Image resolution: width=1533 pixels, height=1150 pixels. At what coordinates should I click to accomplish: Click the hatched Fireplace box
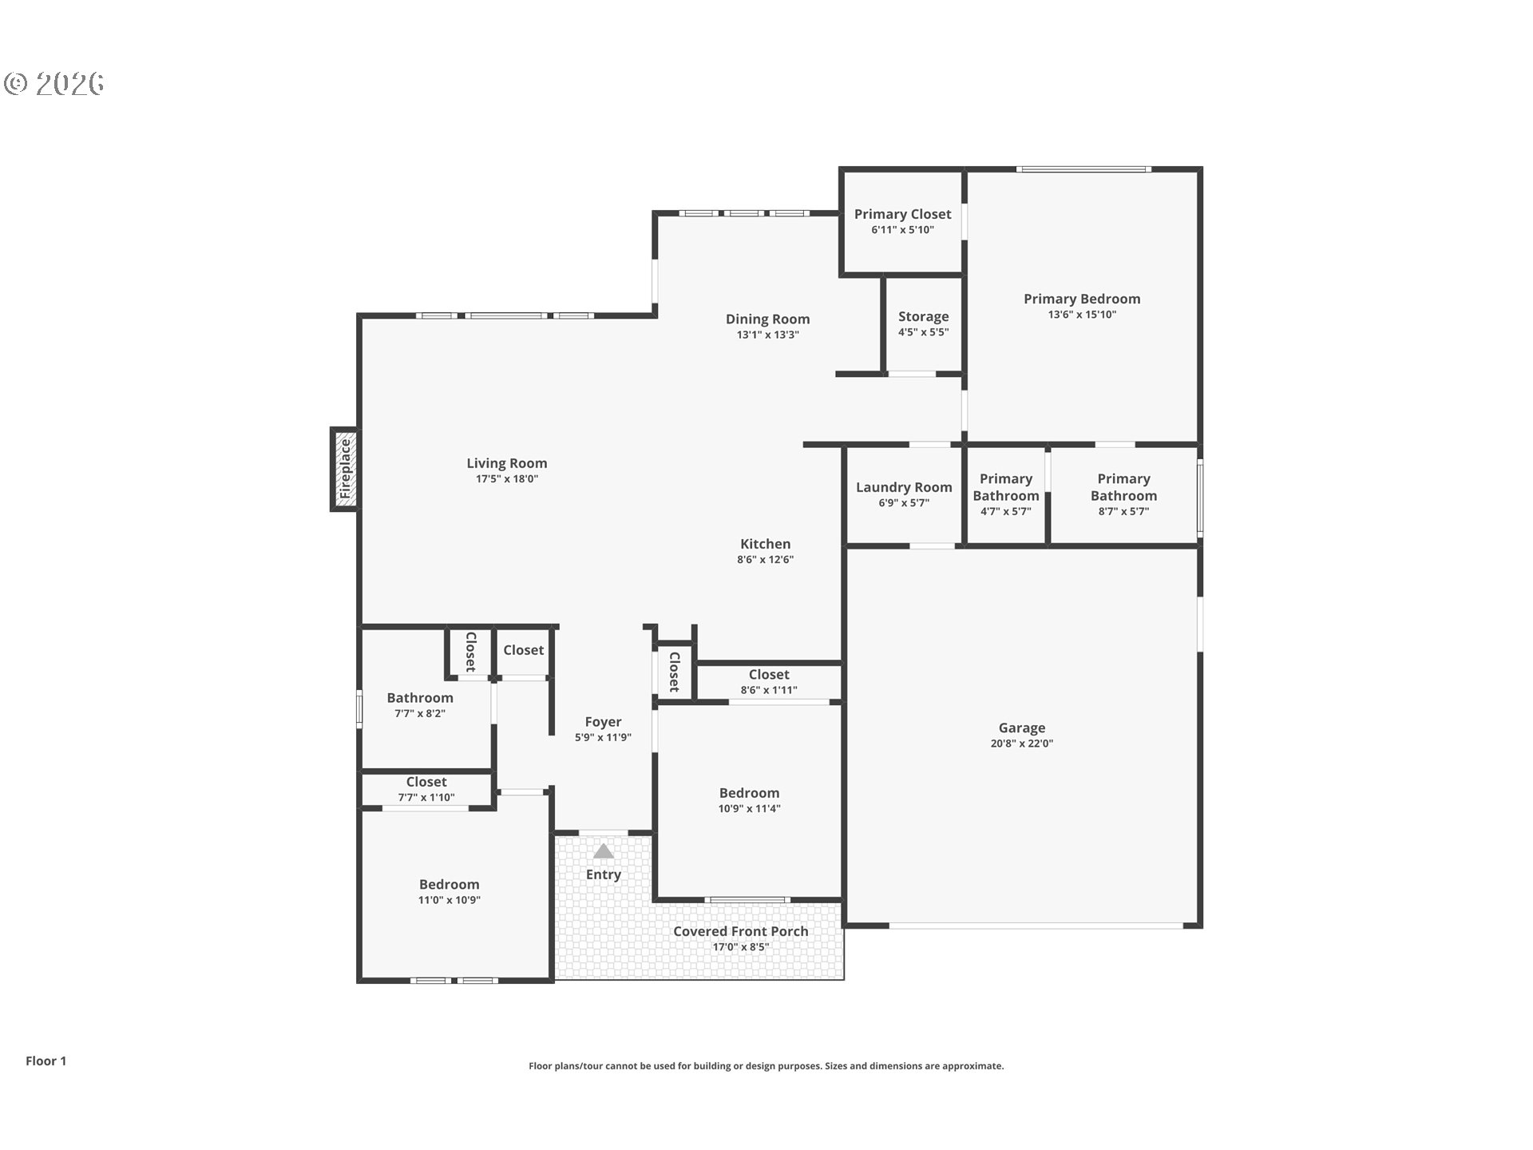[344, 469]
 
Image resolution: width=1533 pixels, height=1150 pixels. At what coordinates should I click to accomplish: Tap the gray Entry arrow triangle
[604, 851]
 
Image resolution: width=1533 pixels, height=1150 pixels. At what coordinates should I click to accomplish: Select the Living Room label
[507, 463]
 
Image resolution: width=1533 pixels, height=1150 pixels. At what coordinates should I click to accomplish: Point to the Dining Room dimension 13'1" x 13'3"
[768, 335]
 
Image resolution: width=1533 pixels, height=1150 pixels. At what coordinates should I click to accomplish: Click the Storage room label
[924, 317]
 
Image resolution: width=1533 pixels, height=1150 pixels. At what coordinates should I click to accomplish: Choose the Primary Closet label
[903, 214]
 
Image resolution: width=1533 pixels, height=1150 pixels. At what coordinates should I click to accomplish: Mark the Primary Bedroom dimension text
[1083, 315]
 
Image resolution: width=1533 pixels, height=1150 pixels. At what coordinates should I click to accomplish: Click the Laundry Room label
[904, 487]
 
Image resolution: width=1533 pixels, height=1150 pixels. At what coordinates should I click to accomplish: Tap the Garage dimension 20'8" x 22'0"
[1022, 744]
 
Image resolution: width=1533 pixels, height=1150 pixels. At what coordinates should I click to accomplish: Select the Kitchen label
[765, 544]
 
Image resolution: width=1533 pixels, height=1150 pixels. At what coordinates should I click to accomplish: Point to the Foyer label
[603, 722]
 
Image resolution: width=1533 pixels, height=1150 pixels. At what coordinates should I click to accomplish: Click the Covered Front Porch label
[741, 931]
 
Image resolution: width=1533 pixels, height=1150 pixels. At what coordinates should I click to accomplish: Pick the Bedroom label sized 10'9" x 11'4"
[749, 793]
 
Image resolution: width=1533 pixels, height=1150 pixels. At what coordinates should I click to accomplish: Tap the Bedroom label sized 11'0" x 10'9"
[450, 884]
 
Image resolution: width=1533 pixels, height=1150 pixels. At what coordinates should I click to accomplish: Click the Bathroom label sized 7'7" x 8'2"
[420, 698]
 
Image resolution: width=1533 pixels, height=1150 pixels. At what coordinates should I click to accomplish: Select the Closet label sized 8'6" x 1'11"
[769, 675]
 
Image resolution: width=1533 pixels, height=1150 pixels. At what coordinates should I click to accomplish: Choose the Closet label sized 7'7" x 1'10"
[426, 782]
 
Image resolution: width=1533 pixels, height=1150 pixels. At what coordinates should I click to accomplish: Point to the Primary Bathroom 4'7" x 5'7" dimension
[1006, 512]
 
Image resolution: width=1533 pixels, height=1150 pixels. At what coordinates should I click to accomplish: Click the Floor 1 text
[46, 1061]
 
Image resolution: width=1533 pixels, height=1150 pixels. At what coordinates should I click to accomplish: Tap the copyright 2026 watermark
[54, 83]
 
